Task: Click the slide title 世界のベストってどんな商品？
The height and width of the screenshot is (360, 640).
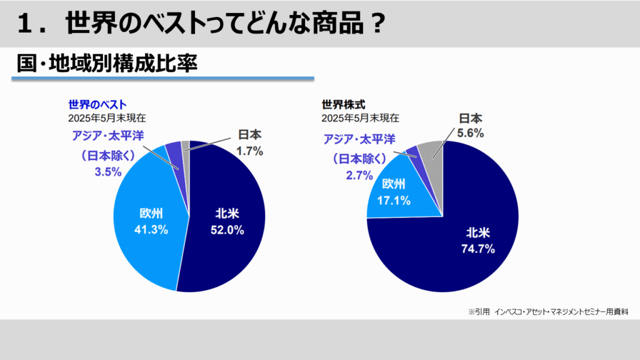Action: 201,24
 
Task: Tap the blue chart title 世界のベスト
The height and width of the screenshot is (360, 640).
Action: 97,104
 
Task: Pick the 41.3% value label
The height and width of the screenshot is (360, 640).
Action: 151,229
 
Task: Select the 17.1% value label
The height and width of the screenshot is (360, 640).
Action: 394,200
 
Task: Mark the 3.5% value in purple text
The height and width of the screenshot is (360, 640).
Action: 107,172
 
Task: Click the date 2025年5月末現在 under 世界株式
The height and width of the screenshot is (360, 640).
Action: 361,117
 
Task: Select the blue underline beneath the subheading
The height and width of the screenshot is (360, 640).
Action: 162,79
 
